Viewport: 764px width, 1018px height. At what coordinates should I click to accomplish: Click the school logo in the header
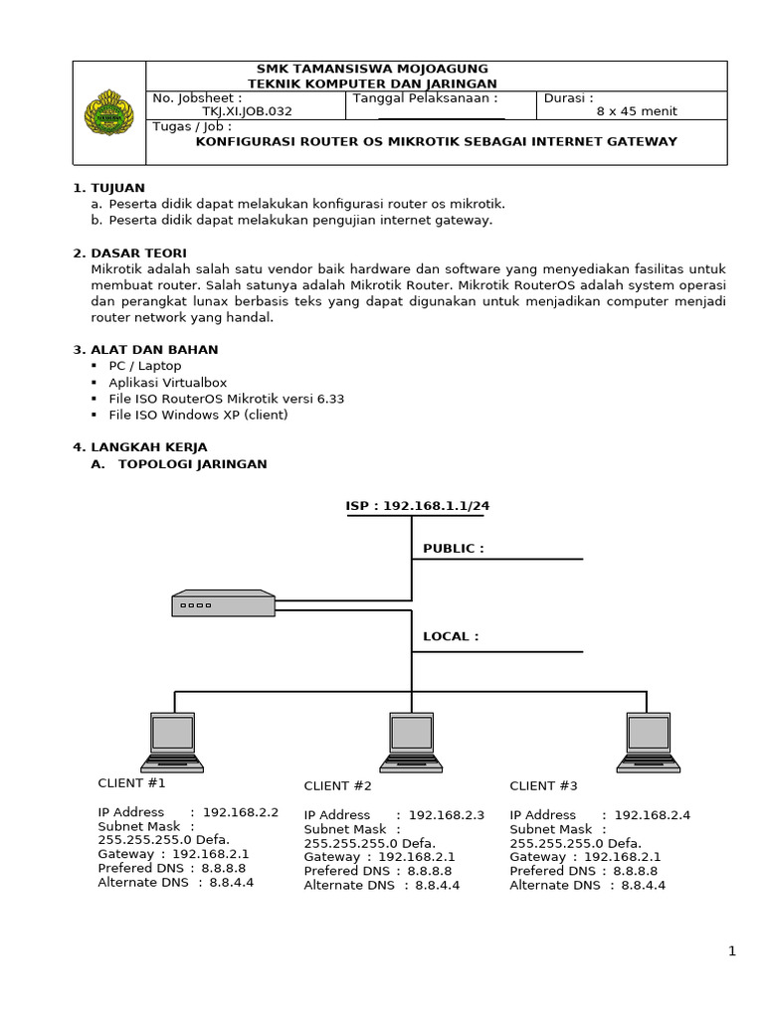click(x=108, y=112)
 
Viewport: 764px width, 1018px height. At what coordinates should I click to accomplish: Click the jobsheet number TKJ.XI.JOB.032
click(x=247, y=112)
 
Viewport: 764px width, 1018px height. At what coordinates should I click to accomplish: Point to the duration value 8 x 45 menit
click(x=637, y=112)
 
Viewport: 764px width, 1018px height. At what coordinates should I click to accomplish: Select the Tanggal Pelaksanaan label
click(x=425, y=98)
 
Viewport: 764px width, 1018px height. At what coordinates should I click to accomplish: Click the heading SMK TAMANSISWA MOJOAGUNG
click(x=372, y=69)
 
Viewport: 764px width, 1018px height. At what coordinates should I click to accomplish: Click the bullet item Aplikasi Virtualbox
click(x=168, y=382)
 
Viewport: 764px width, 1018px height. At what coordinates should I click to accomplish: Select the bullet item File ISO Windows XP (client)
click(x=198, y=415)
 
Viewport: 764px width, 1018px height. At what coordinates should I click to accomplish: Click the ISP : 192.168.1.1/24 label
click(x=418, y=506)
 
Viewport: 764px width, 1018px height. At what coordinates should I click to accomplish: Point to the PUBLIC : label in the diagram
click(x=454, y=548)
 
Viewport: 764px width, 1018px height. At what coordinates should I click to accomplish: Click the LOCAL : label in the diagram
click(x=451, y=636)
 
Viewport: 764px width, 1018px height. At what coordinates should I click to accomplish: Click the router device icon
click(x=223, y=603)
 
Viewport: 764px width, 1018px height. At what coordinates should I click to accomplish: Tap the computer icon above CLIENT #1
click(x=174, y=742)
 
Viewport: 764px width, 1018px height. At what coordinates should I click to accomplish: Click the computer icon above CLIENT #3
click(x=649, y=742)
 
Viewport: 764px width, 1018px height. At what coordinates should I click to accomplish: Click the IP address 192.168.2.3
click(x=446, y=815)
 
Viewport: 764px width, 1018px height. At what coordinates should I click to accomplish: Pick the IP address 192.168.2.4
click(x=653, y=815)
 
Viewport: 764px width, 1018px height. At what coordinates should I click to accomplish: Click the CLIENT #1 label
click(x=131, y=783)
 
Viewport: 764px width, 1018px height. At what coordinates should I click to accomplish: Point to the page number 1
click(x=732, y=951)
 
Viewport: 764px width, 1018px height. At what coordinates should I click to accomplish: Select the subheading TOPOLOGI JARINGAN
click(x=192, y=464)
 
